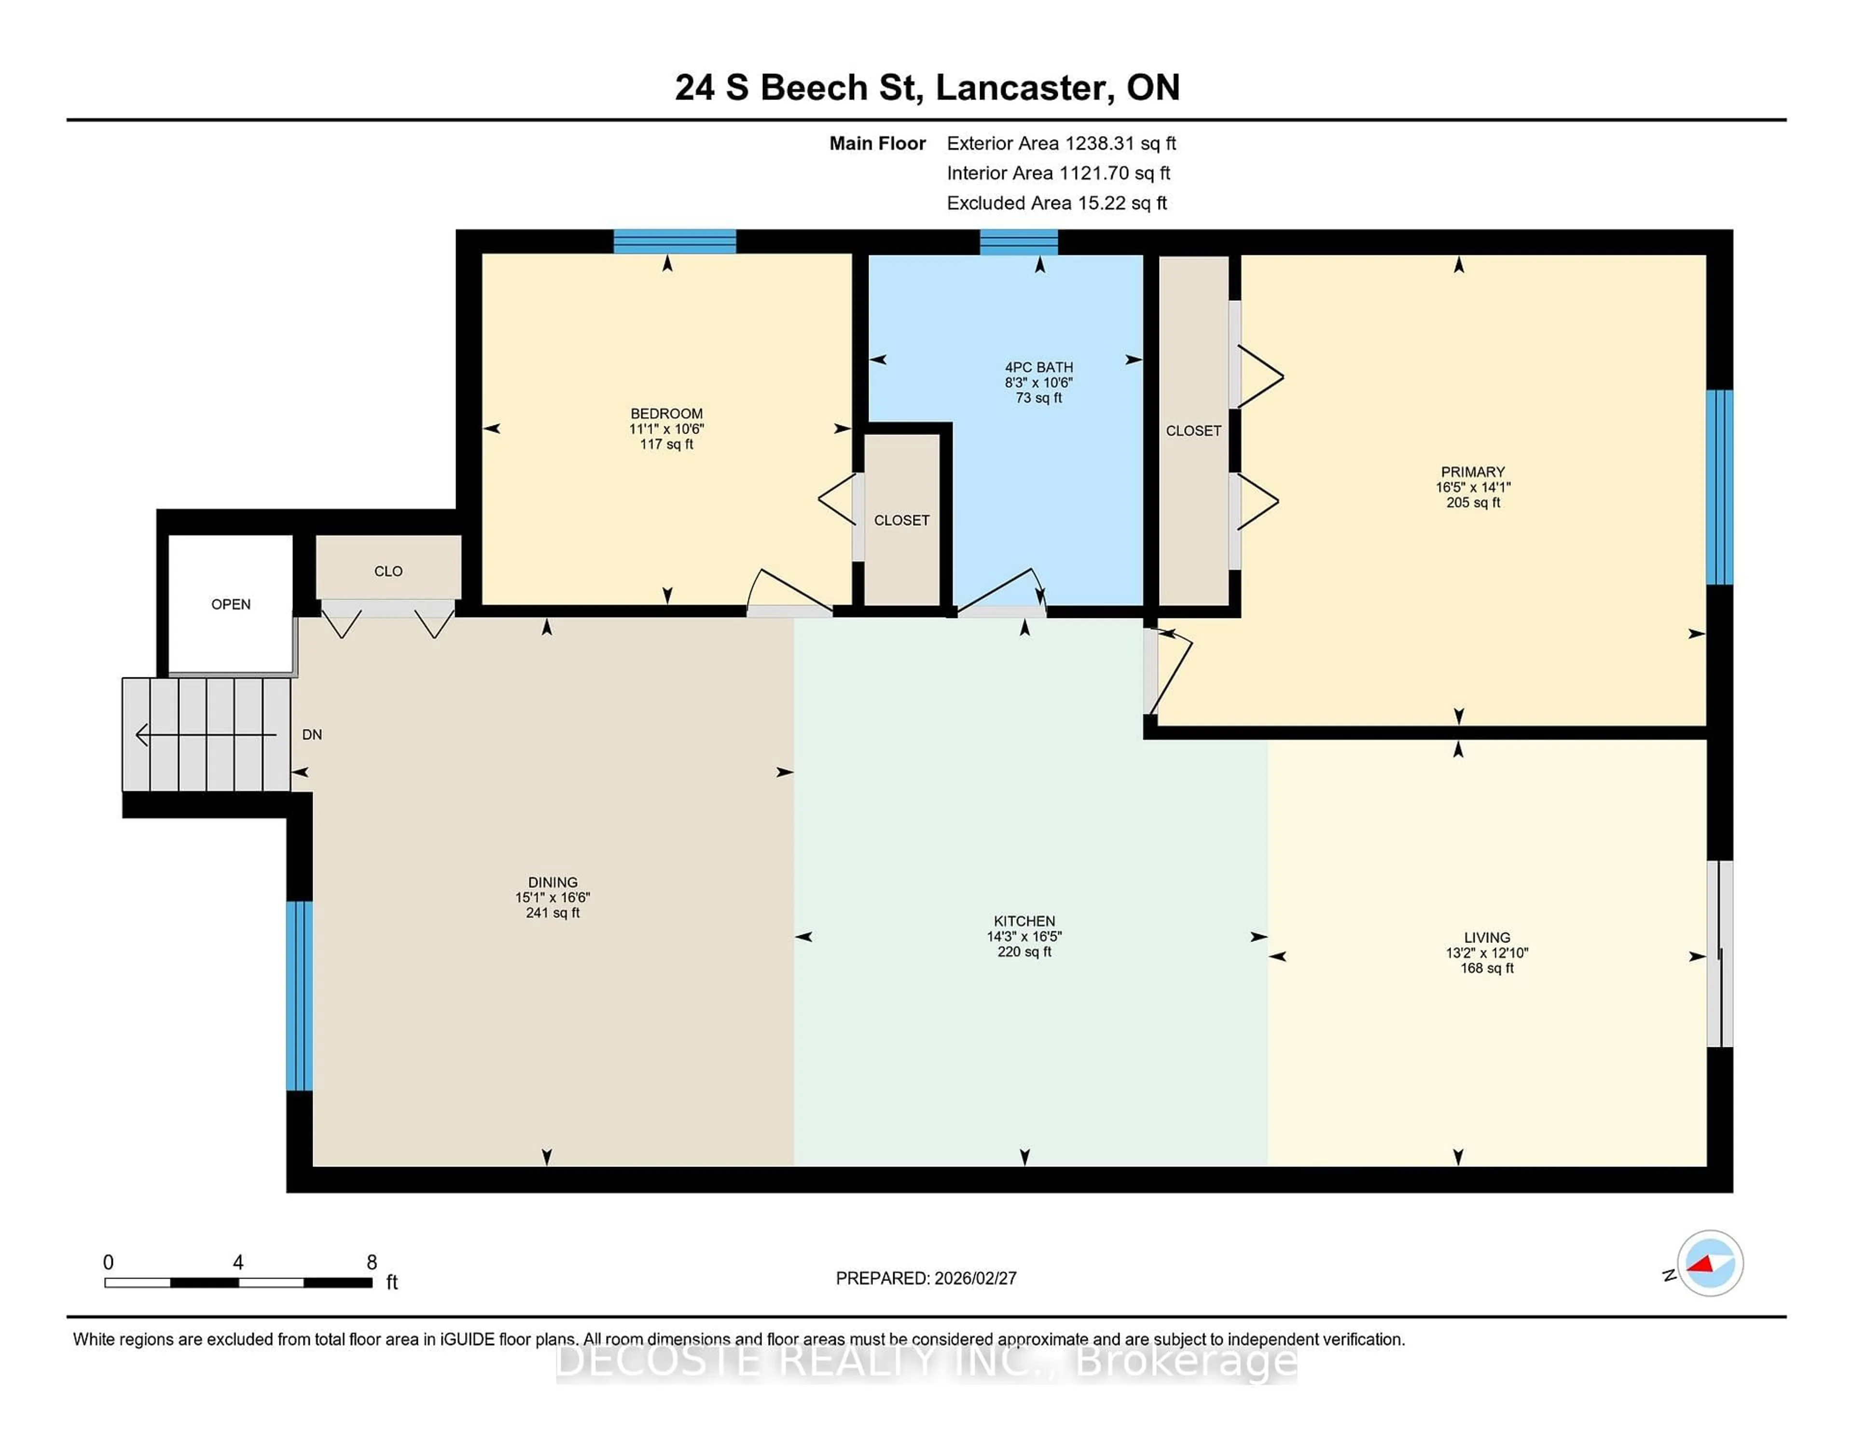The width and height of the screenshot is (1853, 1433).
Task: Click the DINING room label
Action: pyautogui.click(x=553, y=882)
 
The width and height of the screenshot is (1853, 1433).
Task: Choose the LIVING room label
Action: pyautogui.click(x=1486, y=937)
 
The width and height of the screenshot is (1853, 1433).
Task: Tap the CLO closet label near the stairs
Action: pyautogui.click(x=388, y=571)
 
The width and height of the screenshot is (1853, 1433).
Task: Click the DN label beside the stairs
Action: pyautogui.click(x=311, y=734)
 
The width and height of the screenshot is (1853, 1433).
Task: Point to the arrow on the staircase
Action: pyautogui.click(x=204, y=734)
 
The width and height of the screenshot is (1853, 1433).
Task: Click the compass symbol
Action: pyautogui.click(x=1710, y=1263)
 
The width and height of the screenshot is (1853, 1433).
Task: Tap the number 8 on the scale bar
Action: pyautogui.click(x=372, y=1263)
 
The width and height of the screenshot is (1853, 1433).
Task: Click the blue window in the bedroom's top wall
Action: pyautogui.click(x=675, y=242)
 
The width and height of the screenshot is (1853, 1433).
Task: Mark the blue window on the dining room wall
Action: pyautogui.click(x=300, y=995)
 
